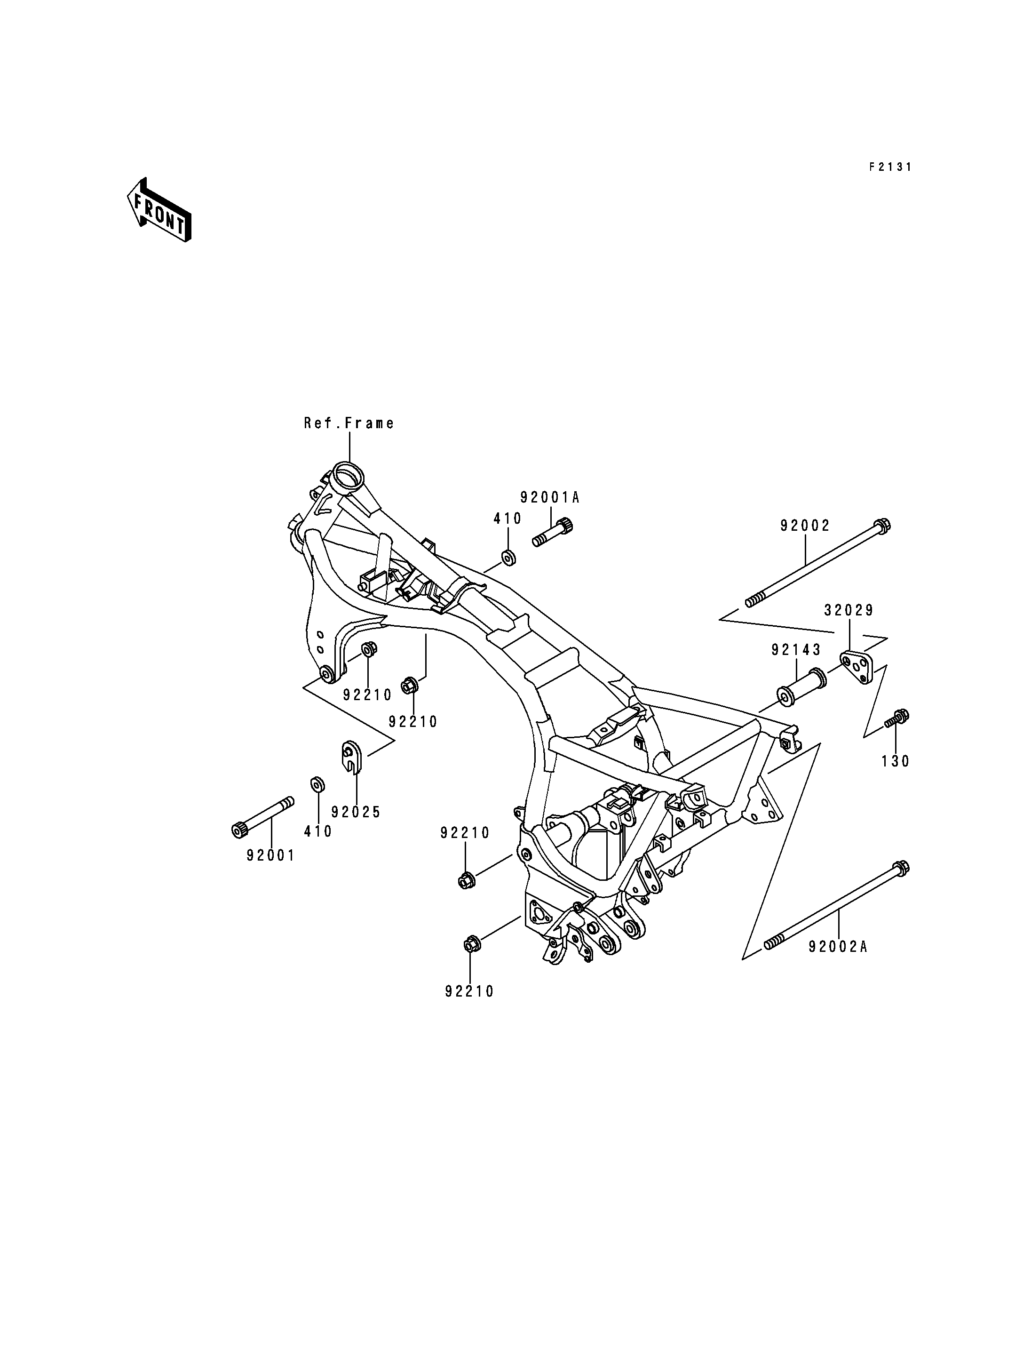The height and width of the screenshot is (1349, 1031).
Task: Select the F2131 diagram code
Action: [x=890, y=167]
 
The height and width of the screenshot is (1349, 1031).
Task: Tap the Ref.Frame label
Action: [x=349, y=423]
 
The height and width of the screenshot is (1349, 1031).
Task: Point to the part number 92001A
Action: [x=550, y=497]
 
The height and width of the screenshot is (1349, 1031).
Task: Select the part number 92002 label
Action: [x=805, y=526]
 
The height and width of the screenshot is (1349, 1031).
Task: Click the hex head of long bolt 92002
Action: [x=882, y=526]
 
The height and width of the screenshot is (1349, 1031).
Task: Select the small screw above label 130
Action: [x=896, y=718]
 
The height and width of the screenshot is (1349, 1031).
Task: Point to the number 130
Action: [x=896, y=761]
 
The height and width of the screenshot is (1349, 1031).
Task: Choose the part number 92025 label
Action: [x=356, y=812]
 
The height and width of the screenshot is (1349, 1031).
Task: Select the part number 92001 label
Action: [x=270, y=855]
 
